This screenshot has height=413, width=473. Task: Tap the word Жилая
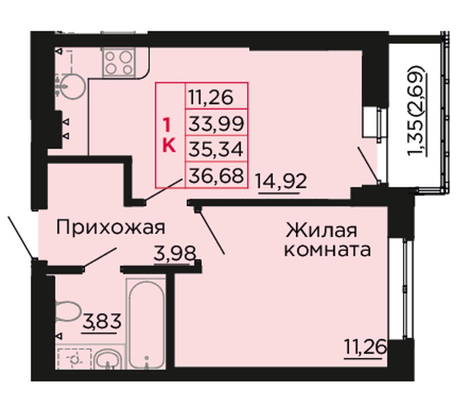(322, 230)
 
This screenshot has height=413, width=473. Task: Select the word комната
(327, 250)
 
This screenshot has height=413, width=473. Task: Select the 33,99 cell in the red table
(217, 124)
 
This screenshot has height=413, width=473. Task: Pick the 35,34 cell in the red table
(217, 149)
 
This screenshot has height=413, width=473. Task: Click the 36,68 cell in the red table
(217, 175)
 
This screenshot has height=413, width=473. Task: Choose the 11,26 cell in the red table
(217, 97)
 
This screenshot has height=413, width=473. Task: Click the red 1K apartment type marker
(169, 135)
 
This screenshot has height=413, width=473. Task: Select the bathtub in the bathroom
(146, 324)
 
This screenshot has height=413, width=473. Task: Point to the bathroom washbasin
(109, 360)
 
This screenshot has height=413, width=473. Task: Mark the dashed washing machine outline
(74, 359)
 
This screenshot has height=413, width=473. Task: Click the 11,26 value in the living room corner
(365, 347)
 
